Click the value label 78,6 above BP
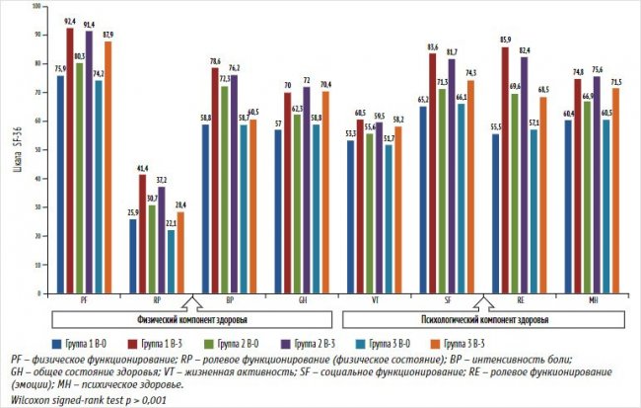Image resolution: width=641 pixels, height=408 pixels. click(215, 60)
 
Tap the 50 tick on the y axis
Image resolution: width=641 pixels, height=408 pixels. click(36, 150)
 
